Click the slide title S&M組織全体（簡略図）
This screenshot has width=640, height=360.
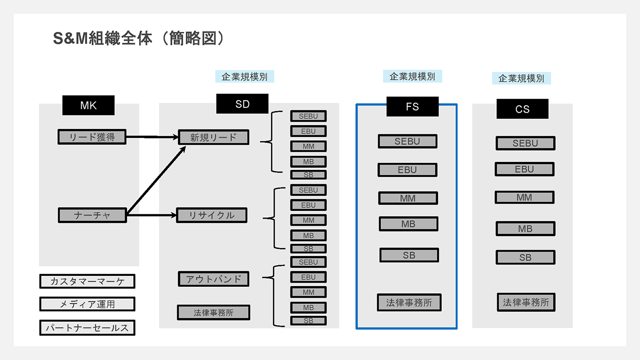point(139,38)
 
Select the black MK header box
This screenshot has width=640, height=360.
point(89,105)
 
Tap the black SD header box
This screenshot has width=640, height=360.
point(242,104)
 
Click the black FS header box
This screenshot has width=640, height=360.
point(412,106)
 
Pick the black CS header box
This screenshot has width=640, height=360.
point(522,109)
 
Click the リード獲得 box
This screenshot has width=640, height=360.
point(92,137)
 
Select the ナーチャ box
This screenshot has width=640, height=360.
point(92,215)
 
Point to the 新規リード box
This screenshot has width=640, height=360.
point(213,137)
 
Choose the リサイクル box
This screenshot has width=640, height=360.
point(212,215)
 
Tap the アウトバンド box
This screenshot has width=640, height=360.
point(213,279)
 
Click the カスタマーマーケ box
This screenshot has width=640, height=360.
point(87,282)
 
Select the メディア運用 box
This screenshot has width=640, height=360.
point(87,304)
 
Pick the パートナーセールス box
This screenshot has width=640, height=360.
point(87,328)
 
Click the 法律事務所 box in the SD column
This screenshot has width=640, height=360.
point(213,312)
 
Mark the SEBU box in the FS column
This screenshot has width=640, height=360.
point(407,141)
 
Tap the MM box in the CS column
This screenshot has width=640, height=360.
point(524,197)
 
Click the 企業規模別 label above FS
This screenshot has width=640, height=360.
point(412,76)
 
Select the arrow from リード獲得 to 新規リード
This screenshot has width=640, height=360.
point(153,137)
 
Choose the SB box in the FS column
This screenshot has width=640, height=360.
point(409,255)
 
